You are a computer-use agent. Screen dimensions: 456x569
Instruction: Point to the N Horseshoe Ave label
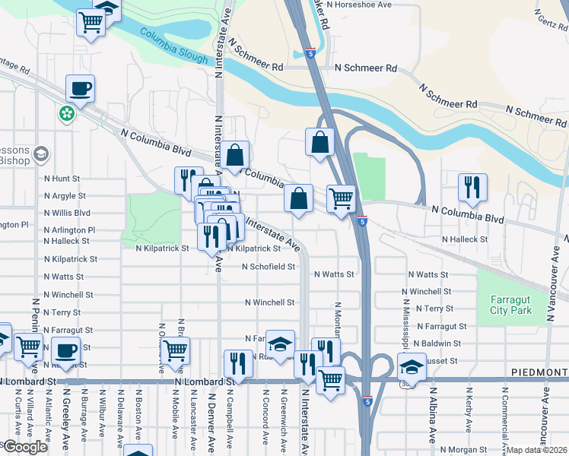(x=358, y=5)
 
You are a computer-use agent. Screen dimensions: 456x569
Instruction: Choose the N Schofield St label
(x=269, y=267)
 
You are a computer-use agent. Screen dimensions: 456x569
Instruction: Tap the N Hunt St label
(x=62, y=179)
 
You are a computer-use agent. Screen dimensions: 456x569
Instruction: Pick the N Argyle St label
(x=65, y=196)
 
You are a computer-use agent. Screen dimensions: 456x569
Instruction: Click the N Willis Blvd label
(x=67, y=214)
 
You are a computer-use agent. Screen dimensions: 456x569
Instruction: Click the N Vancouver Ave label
(x=545, y=415)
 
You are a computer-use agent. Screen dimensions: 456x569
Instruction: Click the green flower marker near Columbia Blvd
(x=67, y=114)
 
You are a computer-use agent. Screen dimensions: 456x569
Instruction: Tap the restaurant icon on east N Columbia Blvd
(x=472, y=186)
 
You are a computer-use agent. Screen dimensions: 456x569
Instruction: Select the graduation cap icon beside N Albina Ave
(x=412, y=366)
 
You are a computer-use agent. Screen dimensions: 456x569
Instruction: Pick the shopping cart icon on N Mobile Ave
(x=175, y=350)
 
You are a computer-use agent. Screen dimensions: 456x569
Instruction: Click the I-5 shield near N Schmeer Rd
(x=310, y=53)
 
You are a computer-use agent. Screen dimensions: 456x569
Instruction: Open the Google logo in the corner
(x=24, y=447)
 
